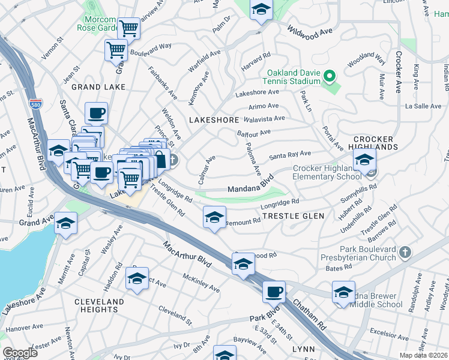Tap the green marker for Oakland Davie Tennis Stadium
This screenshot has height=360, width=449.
(329, 77)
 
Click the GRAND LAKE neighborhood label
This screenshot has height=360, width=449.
(98, 87)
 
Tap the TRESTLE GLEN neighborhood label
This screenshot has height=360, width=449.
(293, 216)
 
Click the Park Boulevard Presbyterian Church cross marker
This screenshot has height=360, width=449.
(405, 252)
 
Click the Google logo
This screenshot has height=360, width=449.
(20, 353)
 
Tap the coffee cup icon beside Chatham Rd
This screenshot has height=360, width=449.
(274, 292)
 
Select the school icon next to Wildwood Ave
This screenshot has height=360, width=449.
(261, 10)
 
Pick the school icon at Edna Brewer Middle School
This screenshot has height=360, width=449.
(344, 292)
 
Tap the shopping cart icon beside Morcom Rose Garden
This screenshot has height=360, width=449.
(128, 28)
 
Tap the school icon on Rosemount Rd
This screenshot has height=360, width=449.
(214, 218)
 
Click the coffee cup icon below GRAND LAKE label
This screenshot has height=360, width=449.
(96, 112)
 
